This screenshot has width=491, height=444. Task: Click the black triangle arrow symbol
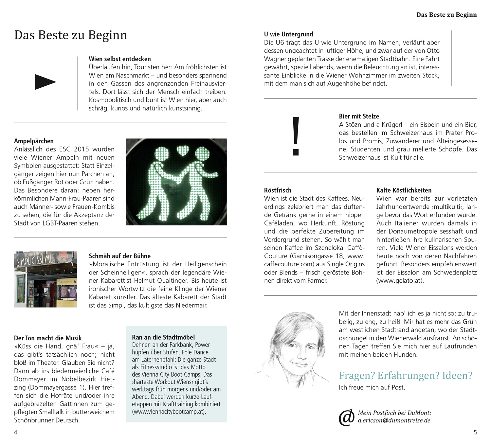[x=45, y=82]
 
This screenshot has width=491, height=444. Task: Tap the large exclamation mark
[x=296, y=136]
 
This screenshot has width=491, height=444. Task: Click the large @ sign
[x=347, y=417]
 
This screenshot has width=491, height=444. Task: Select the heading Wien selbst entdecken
[x=120, y=59]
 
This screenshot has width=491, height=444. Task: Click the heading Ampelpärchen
[x=34, y=141]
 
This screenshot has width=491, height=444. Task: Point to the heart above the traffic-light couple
[x=183, y=151]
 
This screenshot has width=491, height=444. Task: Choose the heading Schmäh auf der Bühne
[x=120, y=256]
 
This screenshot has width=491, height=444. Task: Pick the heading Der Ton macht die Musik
[x=48, y=338]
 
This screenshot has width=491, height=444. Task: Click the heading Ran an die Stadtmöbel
[x=163, y=337]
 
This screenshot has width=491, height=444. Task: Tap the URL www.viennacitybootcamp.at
[x=169, y=412]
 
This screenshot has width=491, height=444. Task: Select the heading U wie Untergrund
[x=289, y=34]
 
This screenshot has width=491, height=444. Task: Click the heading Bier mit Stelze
[x=359, y=116]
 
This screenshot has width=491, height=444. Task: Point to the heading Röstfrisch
[x=278, y=190]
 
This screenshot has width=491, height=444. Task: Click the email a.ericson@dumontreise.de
[x=394, y=420]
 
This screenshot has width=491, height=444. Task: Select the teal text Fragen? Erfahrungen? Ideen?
[x=406, y=375]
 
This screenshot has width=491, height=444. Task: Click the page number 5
[x=475, y=432]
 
